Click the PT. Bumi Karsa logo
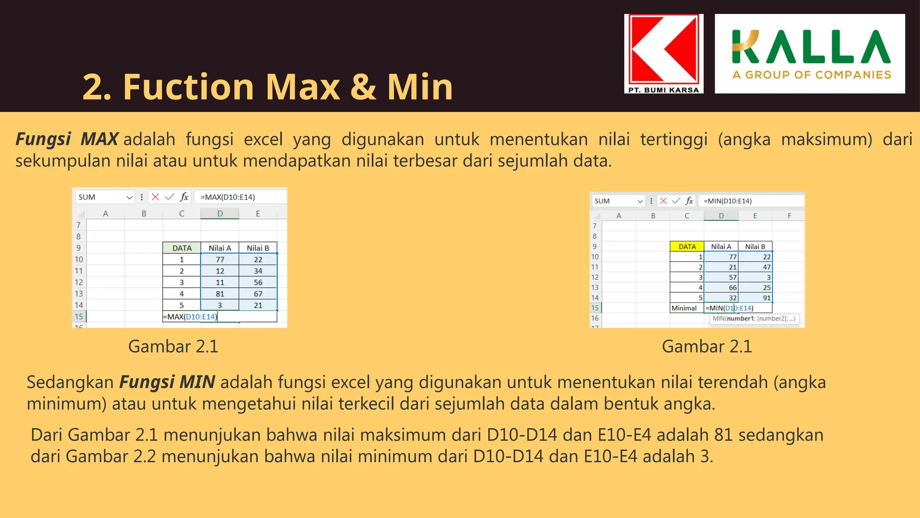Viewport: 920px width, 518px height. [x=663, y=54]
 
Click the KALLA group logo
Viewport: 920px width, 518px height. [x=809, y=54]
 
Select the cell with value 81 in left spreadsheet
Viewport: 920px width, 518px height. [x=220, y=294]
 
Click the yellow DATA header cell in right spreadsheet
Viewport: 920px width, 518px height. [x=687, y=246]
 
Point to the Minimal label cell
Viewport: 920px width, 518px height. [x=684, y=308]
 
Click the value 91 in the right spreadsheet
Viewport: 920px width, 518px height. [x=766, y=298]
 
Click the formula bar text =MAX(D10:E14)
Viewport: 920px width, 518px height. [x=228, y=197]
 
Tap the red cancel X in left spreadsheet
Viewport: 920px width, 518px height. [x=155, y=197]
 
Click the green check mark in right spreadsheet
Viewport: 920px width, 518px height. [x=676, y=201]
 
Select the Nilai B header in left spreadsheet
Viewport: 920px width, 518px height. [x=258, y=248]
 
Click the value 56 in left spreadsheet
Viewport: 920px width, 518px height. [x=258, y=282]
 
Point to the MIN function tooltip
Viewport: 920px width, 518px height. [x=754, y=319]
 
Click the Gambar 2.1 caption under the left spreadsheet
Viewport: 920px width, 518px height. [x=173, y=346]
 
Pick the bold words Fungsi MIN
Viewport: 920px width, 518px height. [x=167, y=382]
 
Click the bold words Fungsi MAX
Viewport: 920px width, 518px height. [x=67, y=139]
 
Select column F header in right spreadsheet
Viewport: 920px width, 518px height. [x=789, y=216]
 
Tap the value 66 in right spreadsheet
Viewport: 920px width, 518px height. [x=732, y=288]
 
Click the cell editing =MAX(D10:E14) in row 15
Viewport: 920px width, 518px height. [x=191, y=317]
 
